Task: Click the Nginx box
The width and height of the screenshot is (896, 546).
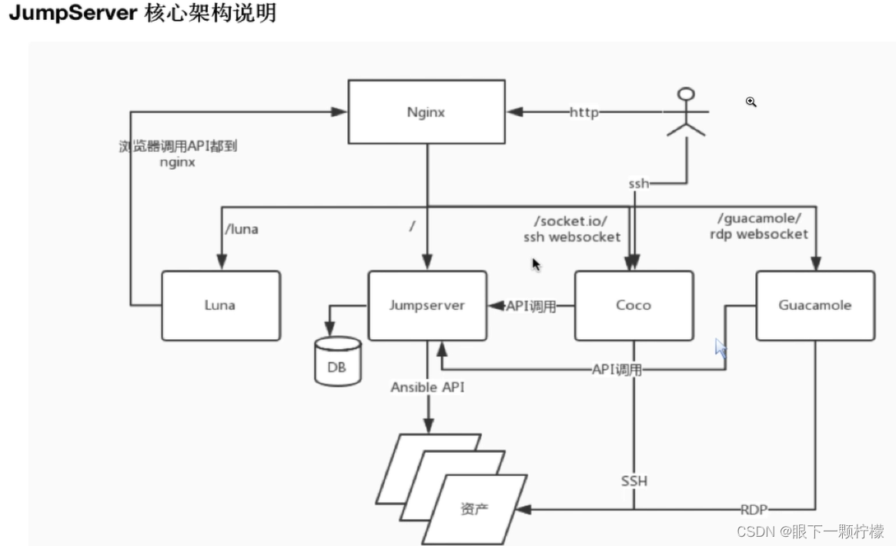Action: [x=426, y=112]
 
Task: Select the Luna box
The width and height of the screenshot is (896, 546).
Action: [x=221, y=305]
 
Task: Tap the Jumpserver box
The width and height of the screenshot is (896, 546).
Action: [x=426, y=305]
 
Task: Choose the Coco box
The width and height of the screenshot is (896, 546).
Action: [x=634, y=305]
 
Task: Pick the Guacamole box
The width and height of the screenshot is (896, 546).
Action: [x=814, y=305]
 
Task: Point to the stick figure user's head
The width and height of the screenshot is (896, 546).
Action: [x=685, y=95]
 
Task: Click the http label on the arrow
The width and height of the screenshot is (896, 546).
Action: [x=583, y=112]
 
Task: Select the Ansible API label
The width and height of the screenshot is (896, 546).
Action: [x=427, y=388]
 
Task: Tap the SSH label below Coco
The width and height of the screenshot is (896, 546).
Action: [x=634, y=481]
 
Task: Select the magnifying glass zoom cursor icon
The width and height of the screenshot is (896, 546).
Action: [x=751, y=102]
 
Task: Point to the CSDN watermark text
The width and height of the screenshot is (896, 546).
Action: [x=754, y=531]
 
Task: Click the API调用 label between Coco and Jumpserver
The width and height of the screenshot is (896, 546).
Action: [x=530, y=305]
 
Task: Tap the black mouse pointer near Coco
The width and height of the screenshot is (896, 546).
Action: [x=536, y=265]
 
